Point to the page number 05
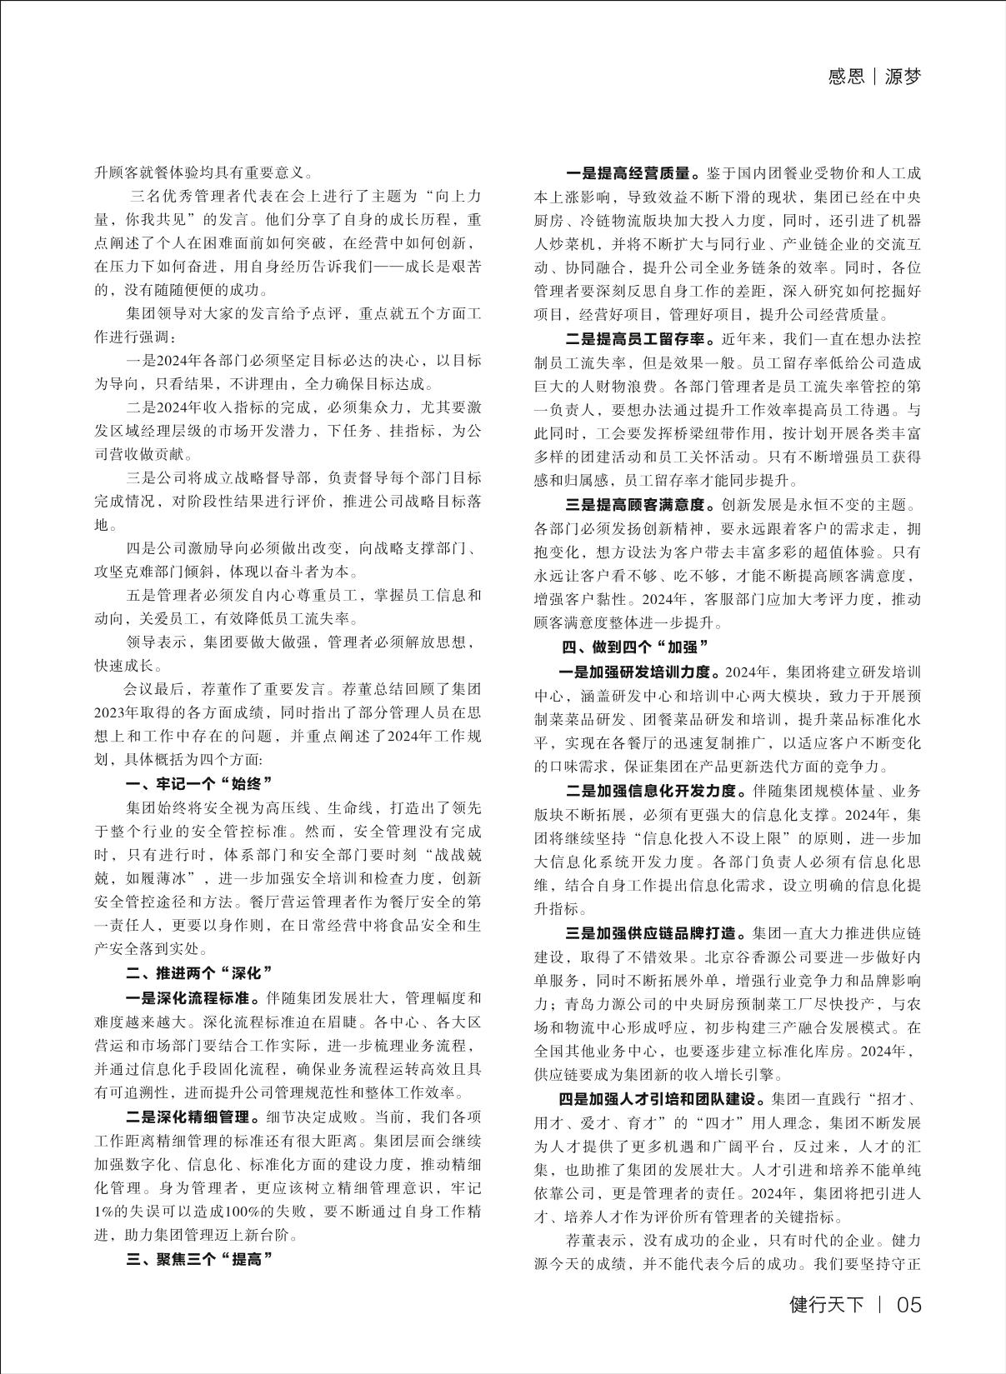coord(908,1304)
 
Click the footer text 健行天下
coord(827,1304)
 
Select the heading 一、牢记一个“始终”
coord(199,784)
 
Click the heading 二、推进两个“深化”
coord(199,972)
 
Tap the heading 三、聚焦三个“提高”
coord(199,1259)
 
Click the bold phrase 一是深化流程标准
coord(193,997)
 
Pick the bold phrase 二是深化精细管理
coord(193,1117)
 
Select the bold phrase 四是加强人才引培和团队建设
coord(663,1097)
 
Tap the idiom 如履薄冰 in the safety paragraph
coord(155,878)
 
